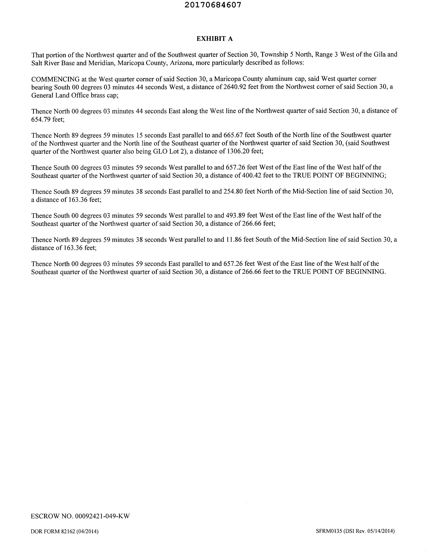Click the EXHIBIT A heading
tap(215, 39)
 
